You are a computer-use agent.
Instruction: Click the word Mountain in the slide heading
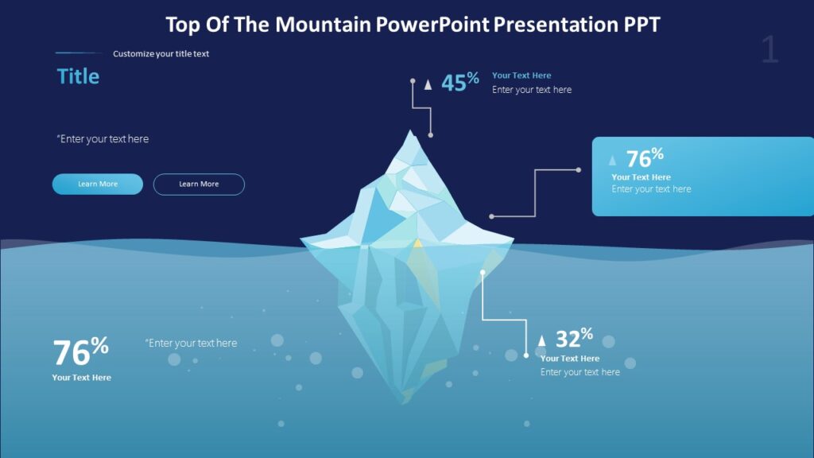pos(324,25)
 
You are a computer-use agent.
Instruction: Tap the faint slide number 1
pos(769,50)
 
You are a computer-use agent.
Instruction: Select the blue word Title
pos(78,76)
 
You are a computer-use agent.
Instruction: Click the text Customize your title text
pos(161,54)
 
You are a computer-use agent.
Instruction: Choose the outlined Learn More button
pos(199,184)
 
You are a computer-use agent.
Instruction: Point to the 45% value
pos(459,82)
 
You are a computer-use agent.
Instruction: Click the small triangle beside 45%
pos(428,84)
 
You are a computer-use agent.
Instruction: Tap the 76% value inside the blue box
pos(644,157)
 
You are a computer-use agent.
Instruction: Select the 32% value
pos(573,339)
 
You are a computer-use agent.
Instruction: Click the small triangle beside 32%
pos(542,341)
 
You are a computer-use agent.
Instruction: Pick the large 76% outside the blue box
pos(80,351)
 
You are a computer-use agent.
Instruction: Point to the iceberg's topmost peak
pos(411,131)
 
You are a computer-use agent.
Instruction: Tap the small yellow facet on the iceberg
pos(417,242)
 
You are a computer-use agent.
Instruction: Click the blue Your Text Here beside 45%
pos(521,76)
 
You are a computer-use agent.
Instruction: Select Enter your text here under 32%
pos(580,372)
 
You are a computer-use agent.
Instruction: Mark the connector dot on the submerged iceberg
pos(483,272)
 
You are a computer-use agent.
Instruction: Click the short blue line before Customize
pos(79,53)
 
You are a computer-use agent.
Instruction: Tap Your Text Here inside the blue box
pos(641,177)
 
